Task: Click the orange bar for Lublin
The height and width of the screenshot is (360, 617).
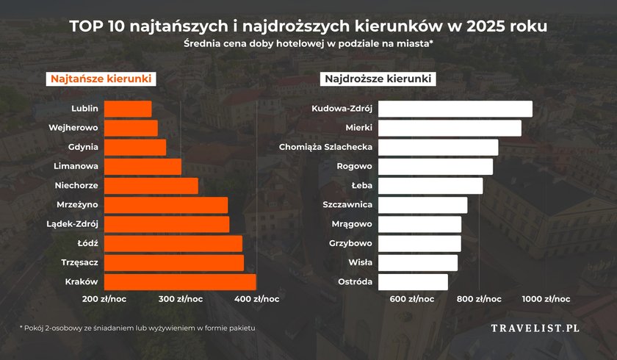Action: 128,109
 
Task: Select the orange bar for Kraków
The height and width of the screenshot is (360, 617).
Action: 180,282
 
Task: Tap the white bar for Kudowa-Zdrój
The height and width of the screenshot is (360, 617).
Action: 455,109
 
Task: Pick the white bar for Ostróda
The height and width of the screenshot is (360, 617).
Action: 413,282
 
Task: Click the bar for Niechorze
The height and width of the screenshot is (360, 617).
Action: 151,186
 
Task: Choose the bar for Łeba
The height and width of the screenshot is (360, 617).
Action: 430,186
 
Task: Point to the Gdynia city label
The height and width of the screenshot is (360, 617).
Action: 83,147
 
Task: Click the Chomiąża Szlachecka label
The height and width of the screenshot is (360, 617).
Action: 326,147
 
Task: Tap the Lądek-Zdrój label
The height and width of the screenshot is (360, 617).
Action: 72,224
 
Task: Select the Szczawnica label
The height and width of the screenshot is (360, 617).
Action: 347,205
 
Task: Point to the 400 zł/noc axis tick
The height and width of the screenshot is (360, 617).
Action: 256,299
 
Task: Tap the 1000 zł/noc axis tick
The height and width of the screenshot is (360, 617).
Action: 546,299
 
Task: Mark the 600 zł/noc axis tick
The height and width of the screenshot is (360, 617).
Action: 411,299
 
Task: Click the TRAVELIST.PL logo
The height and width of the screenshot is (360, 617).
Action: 535,328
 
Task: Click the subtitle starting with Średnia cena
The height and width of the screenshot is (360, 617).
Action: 308,45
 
